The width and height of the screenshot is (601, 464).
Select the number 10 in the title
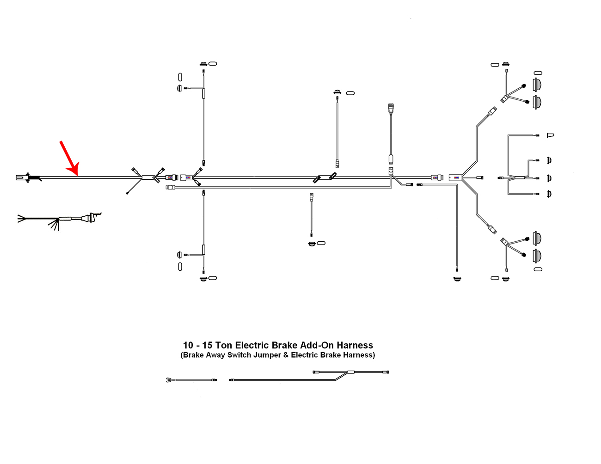point(188,345)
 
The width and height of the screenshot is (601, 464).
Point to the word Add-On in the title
point(317,345)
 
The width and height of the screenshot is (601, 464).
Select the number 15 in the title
point(207,345)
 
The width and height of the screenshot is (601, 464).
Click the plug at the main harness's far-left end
point(22,177)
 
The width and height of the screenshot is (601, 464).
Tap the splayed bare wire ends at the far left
point(21,218)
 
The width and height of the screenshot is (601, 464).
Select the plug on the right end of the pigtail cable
point(90,217)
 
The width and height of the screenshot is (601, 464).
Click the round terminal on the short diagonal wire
point(127,193)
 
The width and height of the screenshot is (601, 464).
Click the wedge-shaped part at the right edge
point(550,135)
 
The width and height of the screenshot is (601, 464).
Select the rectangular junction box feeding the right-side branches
point(455,177)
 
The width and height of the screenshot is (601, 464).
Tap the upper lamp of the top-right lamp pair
point(537,85)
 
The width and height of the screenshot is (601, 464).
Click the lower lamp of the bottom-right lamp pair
point(537,255)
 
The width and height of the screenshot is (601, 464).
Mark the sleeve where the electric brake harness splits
point(351,372)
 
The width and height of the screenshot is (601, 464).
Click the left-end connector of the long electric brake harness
point(232,380)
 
